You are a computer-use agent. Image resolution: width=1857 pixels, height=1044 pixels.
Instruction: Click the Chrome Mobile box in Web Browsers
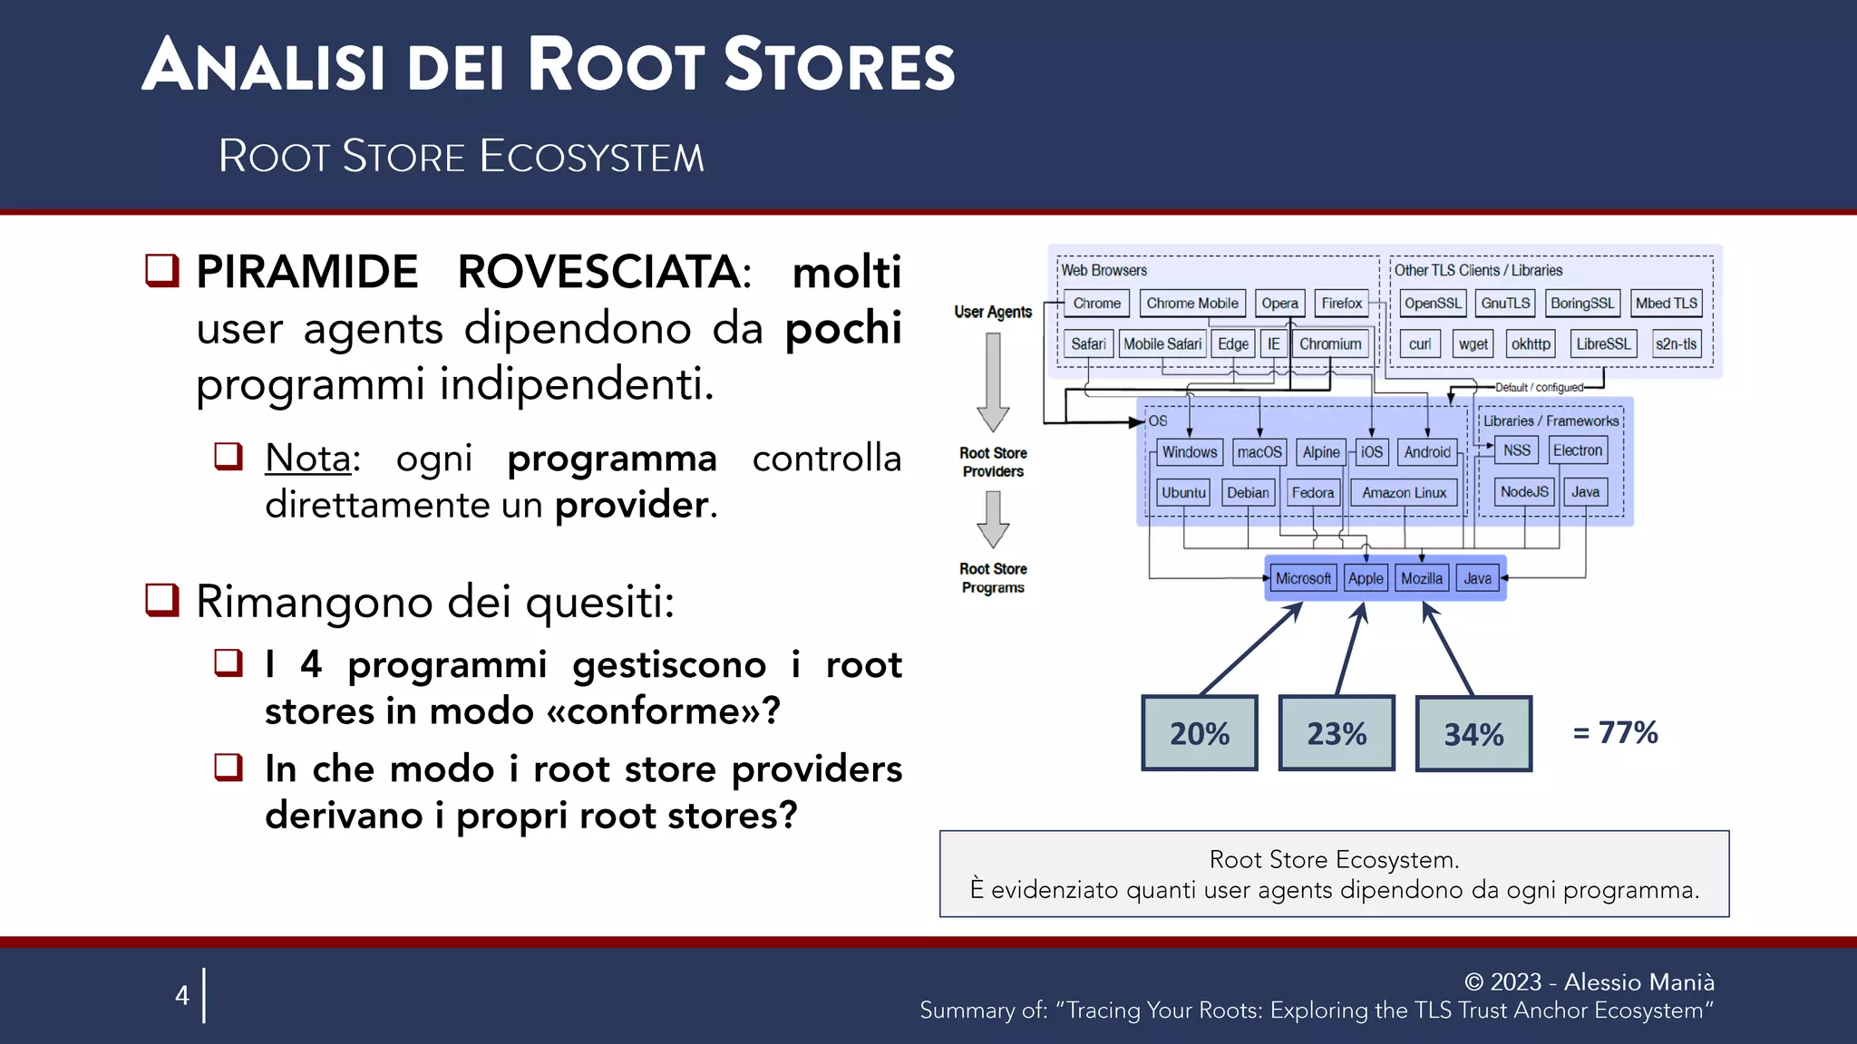pyautogui.click(x=1191, y=304)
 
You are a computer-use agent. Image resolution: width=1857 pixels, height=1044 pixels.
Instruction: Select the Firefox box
pyautogui.click(x=1341, y=304)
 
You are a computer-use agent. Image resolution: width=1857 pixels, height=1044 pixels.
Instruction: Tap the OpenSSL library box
pyautogui.click(x=1433, y=304)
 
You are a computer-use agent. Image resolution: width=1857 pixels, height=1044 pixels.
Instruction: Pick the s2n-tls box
pyautogui.click(x=1676, y=344)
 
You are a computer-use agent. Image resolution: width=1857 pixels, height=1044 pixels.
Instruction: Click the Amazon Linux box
pyautogui.click(x=1404, y=493)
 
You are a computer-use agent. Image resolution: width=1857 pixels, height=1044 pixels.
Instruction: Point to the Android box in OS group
pyautogui.click(x=1427, y=452)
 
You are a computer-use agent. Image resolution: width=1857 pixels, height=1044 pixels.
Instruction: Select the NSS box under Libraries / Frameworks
pyautogui.click(x=1516, y=450)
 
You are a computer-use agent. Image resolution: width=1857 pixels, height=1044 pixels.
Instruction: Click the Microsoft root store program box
pyautogui.click(x=1303, y=578)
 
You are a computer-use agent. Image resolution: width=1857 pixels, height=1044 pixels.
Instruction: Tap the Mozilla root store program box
pyautogui.click(x=1421, y=578)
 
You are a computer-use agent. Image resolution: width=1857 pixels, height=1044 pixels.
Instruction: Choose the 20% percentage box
pyautogui.click(x=1200, y=733)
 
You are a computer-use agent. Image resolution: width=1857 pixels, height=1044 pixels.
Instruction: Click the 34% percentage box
pyautogui.click(x=1473, y=733)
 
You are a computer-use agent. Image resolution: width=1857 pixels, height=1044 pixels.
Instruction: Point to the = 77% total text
pyautogui.click(x=1615, y=732)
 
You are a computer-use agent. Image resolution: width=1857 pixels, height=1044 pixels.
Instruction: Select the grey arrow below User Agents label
pyautogui.click(x=993, y=382)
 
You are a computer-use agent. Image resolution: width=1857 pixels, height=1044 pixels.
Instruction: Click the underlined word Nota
pyautogui.click(x=307, y=459)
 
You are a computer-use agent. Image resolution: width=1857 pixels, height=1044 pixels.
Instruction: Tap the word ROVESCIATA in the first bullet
pyautogui.click(x=604, y=272)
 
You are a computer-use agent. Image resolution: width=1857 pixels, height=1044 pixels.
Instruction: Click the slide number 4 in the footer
pyautogui.click(x=182, y=995)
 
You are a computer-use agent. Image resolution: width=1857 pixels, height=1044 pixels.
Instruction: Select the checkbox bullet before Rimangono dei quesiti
pyautogui.click(x=162, y=600)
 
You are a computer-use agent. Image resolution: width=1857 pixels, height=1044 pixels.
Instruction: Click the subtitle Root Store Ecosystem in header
pyautogui.click(x=461, y=156)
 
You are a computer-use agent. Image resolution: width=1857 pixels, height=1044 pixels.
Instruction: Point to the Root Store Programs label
pyautogui.click(x=993, y=578)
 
